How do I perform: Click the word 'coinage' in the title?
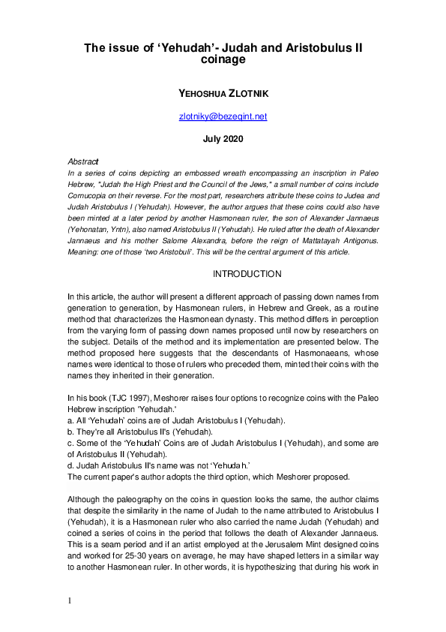(223, 62)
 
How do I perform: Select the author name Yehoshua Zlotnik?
(223, 94)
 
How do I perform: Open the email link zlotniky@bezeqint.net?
(223, 116)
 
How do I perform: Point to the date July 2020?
(223, 139)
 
